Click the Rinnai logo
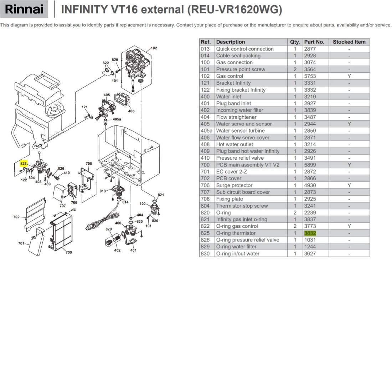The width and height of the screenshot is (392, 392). [x=24, y=9]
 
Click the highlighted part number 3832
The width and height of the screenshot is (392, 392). [x=310, y=233]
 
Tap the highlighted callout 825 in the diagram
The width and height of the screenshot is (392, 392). [x=24, y=164]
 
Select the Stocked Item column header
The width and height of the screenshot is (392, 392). [x=349, y=42]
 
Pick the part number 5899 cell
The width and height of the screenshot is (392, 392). [x=310, y=165]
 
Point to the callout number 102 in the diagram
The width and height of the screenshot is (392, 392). [x=154, y=48]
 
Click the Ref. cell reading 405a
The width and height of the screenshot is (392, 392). [x=206, y=130]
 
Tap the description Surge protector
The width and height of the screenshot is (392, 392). [x=234, y=185]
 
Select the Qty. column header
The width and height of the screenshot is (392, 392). [x=295, y=42]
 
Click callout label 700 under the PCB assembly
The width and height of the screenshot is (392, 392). [x=69, y=252]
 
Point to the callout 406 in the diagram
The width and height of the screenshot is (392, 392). [x=131, y=111]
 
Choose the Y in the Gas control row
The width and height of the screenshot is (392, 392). [x=349, y=76]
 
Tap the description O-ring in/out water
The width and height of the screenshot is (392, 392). [x=238, y=253]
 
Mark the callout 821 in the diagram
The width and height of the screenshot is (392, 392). [x=161, y=195]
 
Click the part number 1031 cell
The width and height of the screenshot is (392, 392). [x=310, y=240]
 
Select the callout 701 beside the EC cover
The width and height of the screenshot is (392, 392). [x=21, y=243]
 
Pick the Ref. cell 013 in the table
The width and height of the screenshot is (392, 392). [x=205, y=49]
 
